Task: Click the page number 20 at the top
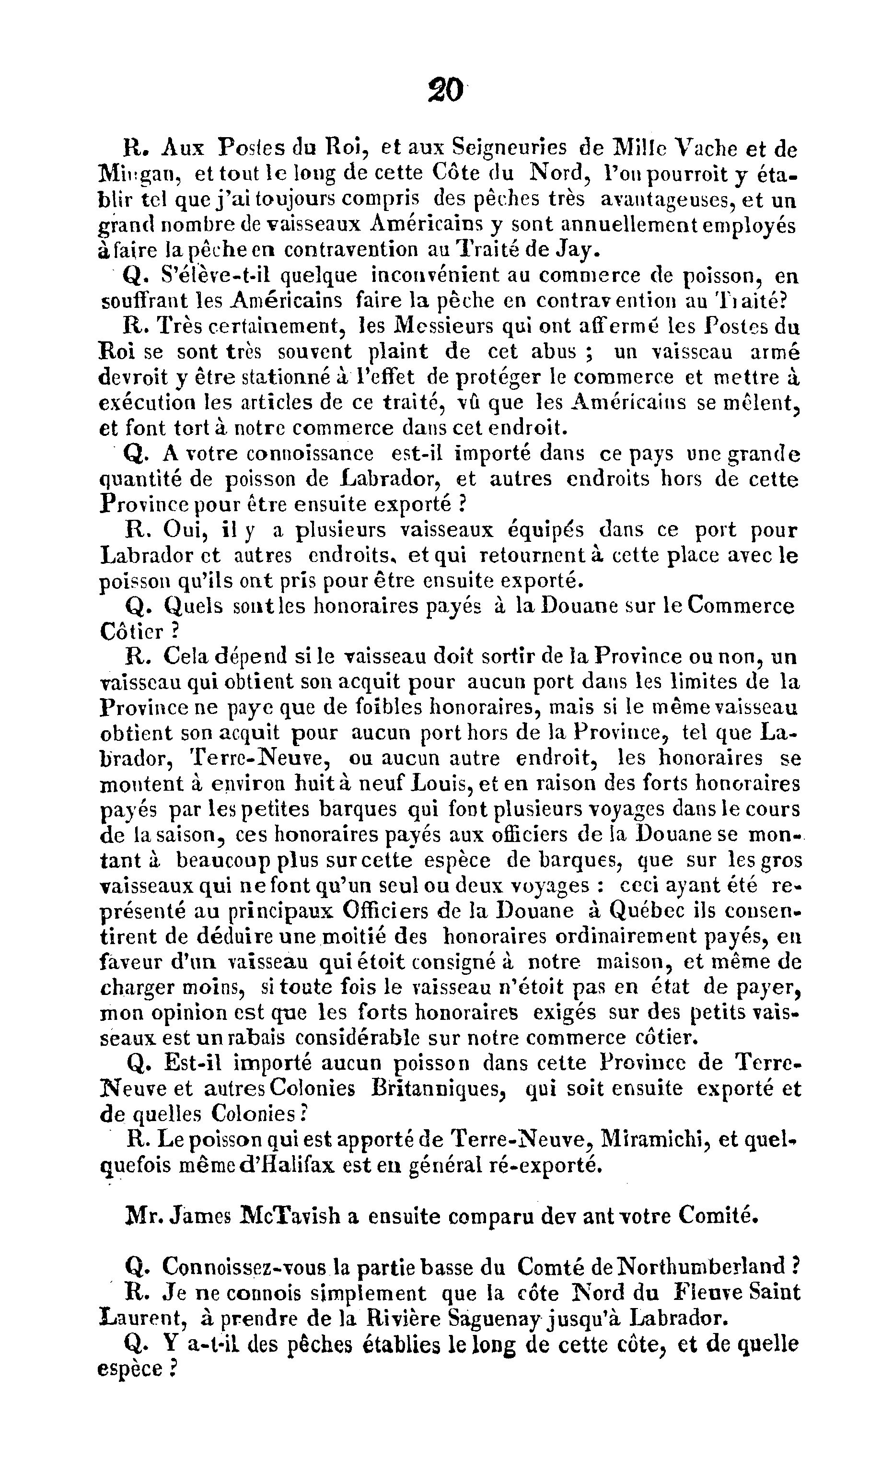446,91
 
